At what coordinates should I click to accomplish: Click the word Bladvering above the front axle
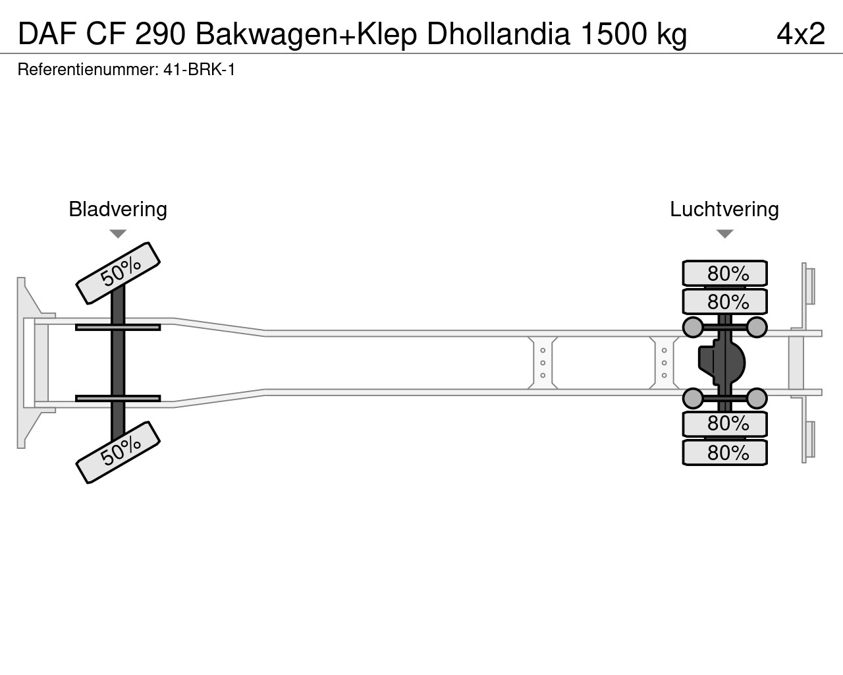pyautogui.click(x=118, y=209)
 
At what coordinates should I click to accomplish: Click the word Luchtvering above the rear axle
pyautogui.click(x=724, y=209)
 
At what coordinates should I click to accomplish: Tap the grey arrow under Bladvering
pyautogui.click(x=118, y=234)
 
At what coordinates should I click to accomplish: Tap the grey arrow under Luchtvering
pyautogui.click(x=724, y=234)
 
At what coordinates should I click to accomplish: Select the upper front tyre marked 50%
pyautogui.click(x=118, y=273)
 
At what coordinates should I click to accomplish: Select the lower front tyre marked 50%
pyautogui.click(x=118, y=452)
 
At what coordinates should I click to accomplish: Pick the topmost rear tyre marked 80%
pyautogui.click(x=724, y=273)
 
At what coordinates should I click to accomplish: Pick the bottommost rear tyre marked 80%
pyautogui.click(x=724, y=453)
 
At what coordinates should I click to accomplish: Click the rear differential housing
pyautogui.click(x=722, y=363)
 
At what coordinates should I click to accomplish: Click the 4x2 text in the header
pyautogui.click(x=801, y=34)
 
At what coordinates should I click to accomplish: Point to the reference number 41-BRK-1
pyautogui.click(x=199, y=70)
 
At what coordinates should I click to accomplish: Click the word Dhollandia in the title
pyautogui.click(x=498, y=34)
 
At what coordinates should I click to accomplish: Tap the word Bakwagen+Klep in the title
pyautogui.click(x=306, y=34)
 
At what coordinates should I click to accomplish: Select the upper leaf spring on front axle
pyautogui.click(x=118, y=327)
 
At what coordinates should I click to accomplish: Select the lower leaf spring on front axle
pyautogui.click(x=118, y=399)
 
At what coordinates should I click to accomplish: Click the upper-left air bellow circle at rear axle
pyautogui.click(x=693, y=327)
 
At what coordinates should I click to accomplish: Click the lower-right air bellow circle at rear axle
pyautogui.click(x=757, y=399)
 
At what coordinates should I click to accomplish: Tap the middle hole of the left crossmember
pyautogui.click(x=543, y=363)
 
